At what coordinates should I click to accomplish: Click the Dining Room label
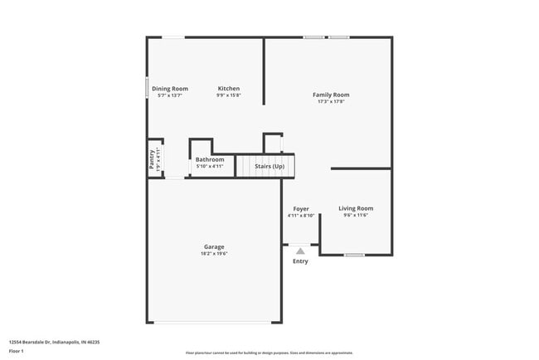(x=169, y=89)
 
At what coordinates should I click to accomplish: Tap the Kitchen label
(x=229, y=89)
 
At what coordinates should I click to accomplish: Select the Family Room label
(x=331, y=95)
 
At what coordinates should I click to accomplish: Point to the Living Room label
(x=356, y=208)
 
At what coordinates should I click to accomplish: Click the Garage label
(x=214, y=246)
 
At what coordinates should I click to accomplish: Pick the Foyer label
(x=300, y=208)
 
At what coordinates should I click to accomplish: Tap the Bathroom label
(x=210, y=159)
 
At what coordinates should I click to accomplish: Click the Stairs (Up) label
(x=269, y=166)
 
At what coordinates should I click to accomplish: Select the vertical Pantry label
(x=152, y=158)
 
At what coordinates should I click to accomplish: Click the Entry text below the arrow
(x=300, y=261)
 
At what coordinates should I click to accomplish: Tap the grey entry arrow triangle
(x=300, y=250)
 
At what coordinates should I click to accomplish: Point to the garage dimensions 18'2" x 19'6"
(x=214, y=254)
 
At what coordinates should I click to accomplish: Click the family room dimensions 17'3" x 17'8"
(x=331, y=102)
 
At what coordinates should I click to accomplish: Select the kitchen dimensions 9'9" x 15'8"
(x=229, y=95)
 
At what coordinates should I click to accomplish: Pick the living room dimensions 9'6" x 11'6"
(x=356, y=216)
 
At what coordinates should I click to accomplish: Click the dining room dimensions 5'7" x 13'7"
(x=169, y=95)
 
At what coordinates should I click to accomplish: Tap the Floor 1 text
(x=17, y=351)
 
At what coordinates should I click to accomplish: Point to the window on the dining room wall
(x=148, y=87)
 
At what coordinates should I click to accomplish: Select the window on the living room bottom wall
(x=354, y=255)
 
